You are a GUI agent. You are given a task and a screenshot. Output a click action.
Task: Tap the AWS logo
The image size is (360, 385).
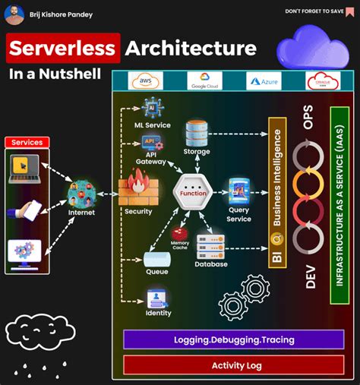point(147,81)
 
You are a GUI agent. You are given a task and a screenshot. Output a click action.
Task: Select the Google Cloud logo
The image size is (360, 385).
point(204,81)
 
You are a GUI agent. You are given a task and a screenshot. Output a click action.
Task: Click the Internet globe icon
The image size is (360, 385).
point(81,194)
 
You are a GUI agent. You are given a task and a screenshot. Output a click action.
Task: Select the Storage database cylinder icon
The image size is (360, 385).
point(197,134)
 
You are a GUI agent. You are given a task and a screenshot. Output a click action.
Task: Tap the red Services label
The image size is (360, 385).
point(27,142)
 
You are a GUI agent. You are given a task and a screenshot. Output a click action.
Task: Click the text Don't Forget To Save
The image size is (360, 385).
point(314,11)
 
